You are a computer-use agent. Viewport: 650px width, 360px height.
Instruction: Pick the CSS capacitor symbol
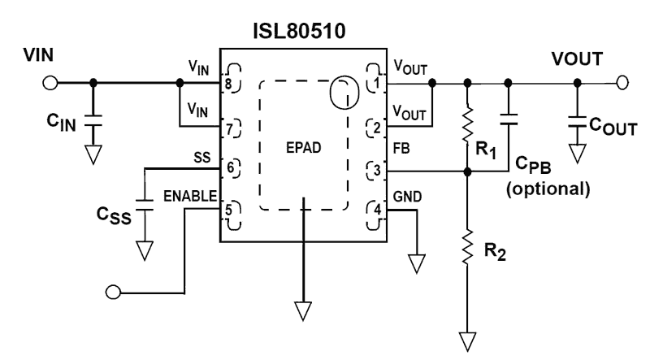(x=145, y=206)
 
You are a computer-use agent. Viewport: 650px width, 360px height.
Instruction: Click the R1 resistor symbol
(x=468, y=125)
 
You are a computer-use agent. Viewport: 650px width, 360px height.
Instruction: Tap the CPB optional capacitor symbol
(x=509, y=120)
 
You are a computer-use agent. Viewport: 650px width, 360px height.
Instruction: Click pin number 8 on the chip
(x=231, y=83)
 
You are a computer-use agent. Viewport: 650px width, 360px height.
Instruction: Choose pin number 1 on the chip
(x=376, y=83)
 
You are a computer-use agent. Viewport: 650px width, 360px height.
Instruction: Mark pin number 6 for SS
(x=231, y=169)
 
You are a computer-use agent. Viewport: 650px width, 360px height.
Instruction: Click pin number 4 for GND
(x=376, y=210)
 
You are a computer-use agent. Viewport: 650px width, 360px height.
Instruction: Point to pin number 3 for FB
(x=376, y=171)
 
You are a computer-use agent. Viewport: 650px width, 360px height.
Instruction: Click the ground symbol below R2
(x=468, y=337)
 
